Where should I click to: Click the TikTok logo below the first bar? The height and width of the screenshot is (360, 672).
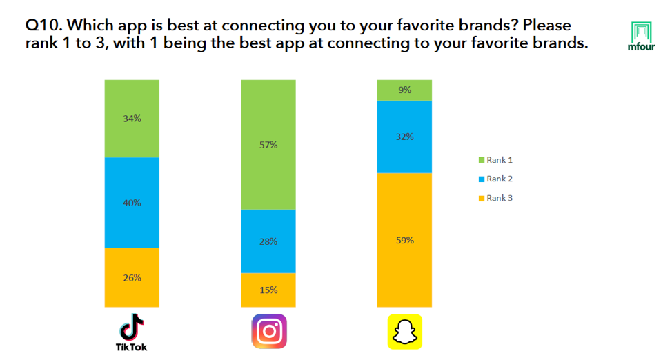(x=131, y=332)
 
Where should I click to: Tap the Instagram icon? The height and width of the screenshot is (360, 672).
(x=268, y=331)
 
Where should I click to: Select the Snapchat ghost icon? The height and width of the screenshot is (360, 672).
(x=404, y=332)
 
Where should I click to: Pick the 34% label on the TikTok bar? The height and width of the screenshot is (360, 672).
(x=132, y=119)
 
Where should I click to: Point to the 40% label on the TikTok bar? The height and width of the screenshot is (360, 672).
(x=132, y=203)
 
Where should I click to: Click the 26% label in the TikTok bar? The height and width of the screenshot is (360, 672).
(x=132, y=278)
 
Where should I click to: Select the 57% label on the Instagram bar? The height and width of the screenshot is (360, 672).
(x=268, y=145)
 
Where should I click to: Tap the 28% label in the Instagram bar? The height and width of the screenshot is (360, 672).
(x=268, y=241)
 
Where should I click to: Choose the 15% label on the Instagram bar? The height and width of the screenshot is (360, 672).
(x=268, y=290)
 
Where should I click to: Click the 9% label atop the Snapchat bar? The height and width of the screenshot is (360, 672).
(x=404, y=90)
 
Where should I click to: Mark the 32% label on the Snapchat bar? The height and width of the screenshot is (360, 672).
(x=404, y=137)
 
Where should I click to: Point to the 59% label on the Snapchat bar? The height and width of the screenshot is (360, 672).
(x=404, y=240)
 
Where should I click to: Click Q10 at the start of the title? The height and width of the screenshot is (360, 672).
(x=42, y=26)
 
